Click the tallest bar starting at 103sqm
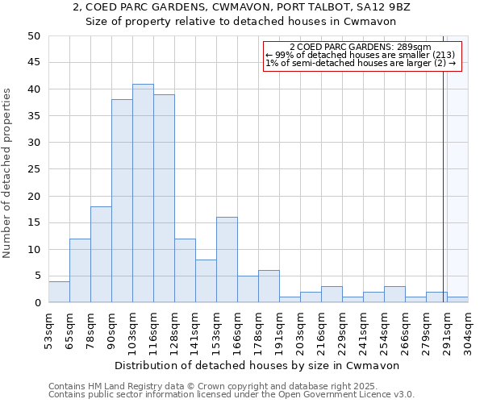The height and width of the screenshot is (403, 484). [143, 193]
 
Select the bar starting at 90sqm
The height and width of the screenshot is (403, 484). [122, 201]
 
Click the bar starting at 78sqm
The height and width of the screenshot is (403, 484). [101, 255]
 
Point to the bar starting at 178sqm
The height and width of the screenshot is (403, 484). [269, 287]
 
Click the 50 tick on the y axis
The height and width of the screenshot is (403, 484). [34, 36]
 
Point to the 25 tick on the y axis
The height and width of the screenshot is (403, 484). [34, 169]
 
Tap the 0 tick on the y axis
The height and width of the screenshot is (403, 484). [37, 303]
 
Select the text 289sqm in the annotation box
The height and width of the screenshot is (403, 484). [416, 48]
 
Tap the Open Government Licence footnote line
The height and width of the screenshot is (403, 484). [232, 394]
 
